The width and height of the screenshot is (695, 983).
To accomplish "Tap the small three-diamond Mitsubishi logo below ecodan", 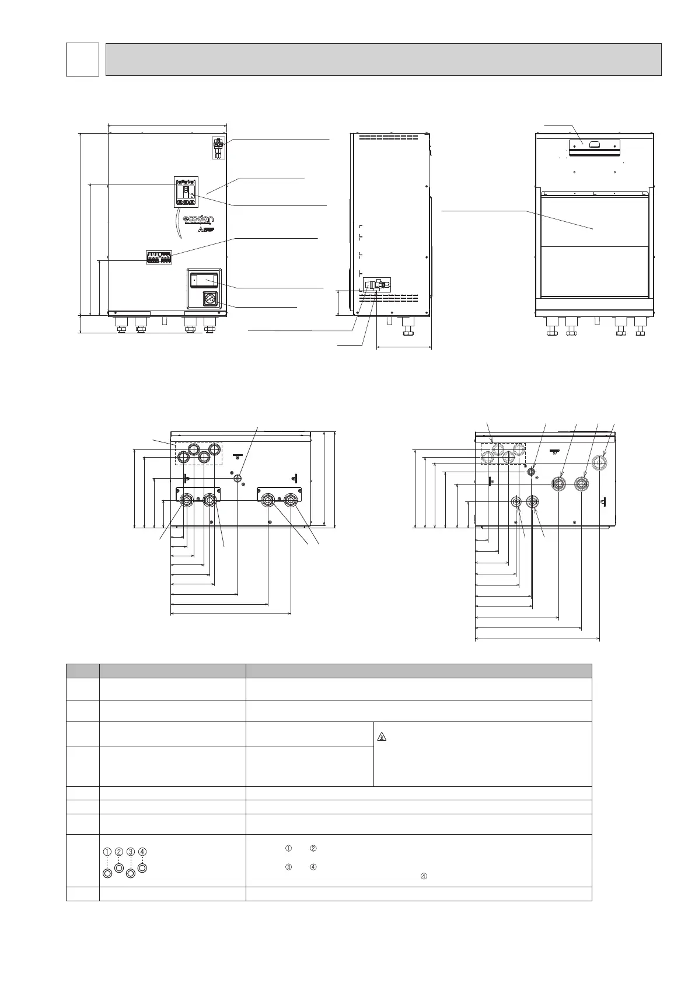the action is pos(201,232).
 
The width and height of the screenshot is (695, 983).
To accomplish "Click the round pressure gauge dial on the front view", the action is pos(208,299).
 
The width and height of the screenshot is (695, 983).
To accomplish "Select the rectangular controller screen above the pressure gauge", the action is pos(205,281).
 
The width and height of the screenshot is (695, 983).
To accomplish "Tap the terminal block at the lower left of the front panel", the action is pos(158,257).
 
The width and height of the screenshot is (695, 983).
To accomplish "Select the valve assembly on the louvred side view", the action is pos(376,285).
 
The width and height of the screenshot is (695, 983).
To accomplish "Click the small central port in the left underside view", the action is pos(238,479).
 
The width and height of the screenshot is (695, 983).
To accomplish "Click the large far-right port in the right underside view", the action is pos(599,463).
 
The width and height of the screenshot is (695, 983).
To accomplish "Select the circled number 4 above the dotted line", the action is pos(142,852).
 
